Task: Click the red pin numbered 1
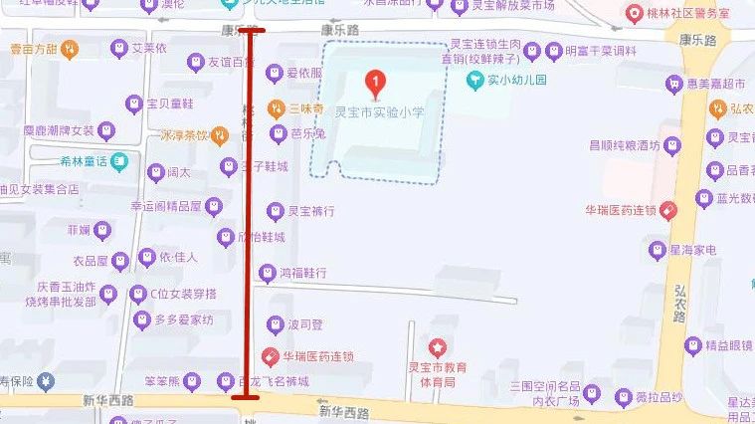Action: point(375,84)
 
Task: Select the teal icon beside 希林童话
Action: point(119,159)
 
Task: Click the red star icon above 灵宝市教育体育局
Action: point(437,346)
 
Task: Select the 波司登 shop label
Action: point(305,324)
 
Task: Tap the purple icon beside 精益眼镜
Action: point(692,345)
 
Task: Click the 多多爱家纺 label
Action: point(184,319)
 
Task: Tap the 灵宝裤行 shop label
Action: point(310,211)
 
